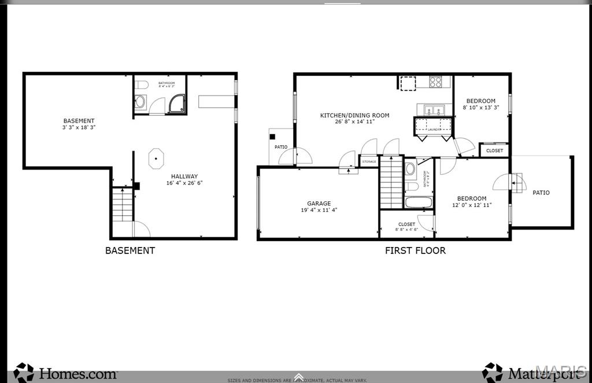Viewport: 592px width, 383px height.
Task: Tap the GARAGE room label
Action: (x=319, y=203)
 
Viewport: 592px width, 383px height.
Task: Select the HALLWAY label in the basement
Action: (x=184, y=176)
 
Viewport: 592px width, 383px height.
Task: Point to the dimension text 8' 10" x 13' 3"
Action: (x=480, y=108)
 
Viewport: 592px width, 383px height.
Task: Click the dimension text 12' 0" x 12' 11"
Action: (x=471, y=205)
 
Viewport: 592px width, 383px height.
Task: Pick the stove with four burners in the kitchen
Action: (x=436, y=82)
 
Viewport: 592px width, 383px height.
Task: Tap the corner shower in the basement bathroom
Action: (x=176, y=104)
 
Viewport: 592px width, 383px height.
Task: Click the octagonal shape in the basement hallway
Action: (x=156, y=159)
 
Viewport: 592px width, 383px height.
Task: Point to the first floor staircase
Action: (x=391, y=182)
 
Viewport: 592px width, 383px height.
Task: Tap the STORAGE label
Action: (x=369, y=161)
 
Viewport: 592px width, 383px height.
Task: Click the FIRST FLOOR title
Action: (x=415, y=251)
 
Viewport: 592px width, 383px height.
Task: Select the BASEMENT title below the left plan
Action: (x=129, y=251)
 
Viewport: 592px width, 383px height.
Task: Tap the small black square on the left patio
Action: (x=272, y=137)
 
